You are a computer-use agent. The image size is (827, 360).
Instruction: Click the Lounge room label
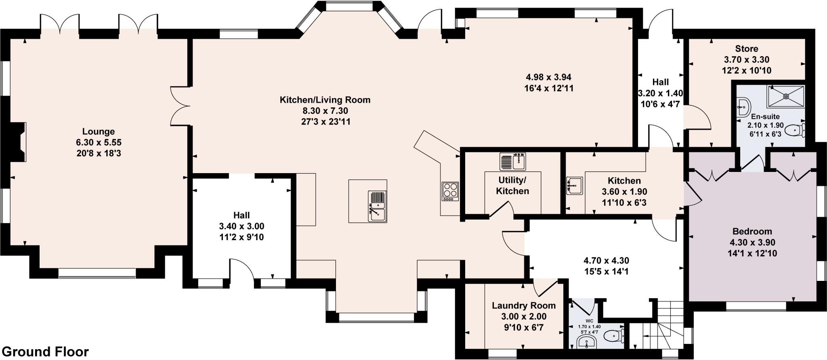pyautogui.click(x=99, y=132)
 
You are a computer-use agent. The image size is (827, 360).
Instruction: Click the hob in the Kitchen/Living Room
pyautogui.click(x=451, y=192)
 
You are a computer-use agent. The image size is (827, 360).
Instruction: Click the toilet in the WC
pyautogui.click(x=615, y=335)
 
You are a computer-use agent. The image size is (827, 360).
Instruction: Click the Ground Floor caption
pyautogui.click(x=48, y=352)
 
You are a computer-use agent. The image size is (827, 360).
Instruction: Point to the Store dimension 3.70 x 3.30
pyautogui.click(x=746, y=60)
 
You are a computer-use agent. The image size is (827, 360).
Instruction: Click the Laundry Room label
pyautogui.click(x=523, y=306)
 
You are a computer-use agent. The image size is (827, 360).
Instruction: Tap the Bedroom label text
pyautogui.click(x=752, y=231)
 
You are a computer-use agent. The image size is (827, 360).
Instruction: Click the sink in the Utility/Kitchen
pyautogui.click(x=513, y=162)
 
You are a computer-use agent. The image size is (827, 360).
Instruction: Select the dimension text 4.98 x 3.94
pyautogui.click(x=548, y=77)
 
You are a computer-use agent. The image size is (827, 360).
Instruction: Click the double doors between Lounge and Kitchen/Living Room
pyautogui.click(x=181, y=106)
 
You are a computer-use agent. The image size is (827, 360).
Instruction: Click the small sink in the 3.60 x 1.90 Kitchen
pyautogui.click(x=574, y=186)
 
